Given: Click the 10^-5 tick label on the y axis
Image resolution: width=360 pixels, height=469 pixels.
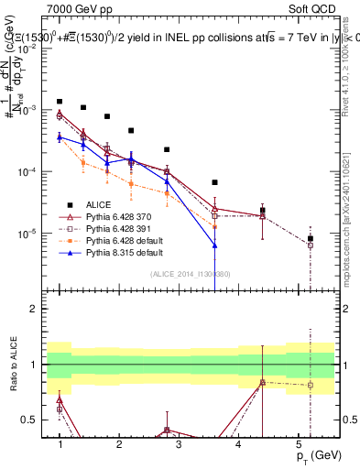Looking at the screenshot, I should click(30, 234).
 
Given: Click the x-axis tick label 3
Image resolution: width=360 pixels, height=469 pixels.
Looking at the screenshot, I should click(179, 443).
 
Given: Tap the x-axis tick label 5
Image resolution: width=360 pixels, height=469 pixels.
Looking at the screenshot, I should click(299, 443).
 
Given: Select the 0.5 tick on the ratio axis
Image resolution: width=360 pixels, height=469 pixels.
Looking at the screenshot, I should click(35, 420).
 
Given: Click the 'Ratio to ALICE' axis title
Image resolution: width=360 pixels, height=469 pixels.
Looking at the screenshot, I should click(12, 365).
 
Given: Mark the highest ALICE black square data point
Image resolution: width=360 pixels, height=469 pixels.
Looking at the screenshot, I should click(60, 102).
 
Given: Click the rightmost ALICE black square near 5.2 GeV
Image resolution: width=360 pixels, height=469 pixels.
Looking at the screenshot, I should click(311, 238).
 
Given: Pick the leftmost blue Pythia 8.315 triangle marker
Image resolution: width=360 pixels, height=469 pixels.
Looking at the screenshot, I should click(60, 136).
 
